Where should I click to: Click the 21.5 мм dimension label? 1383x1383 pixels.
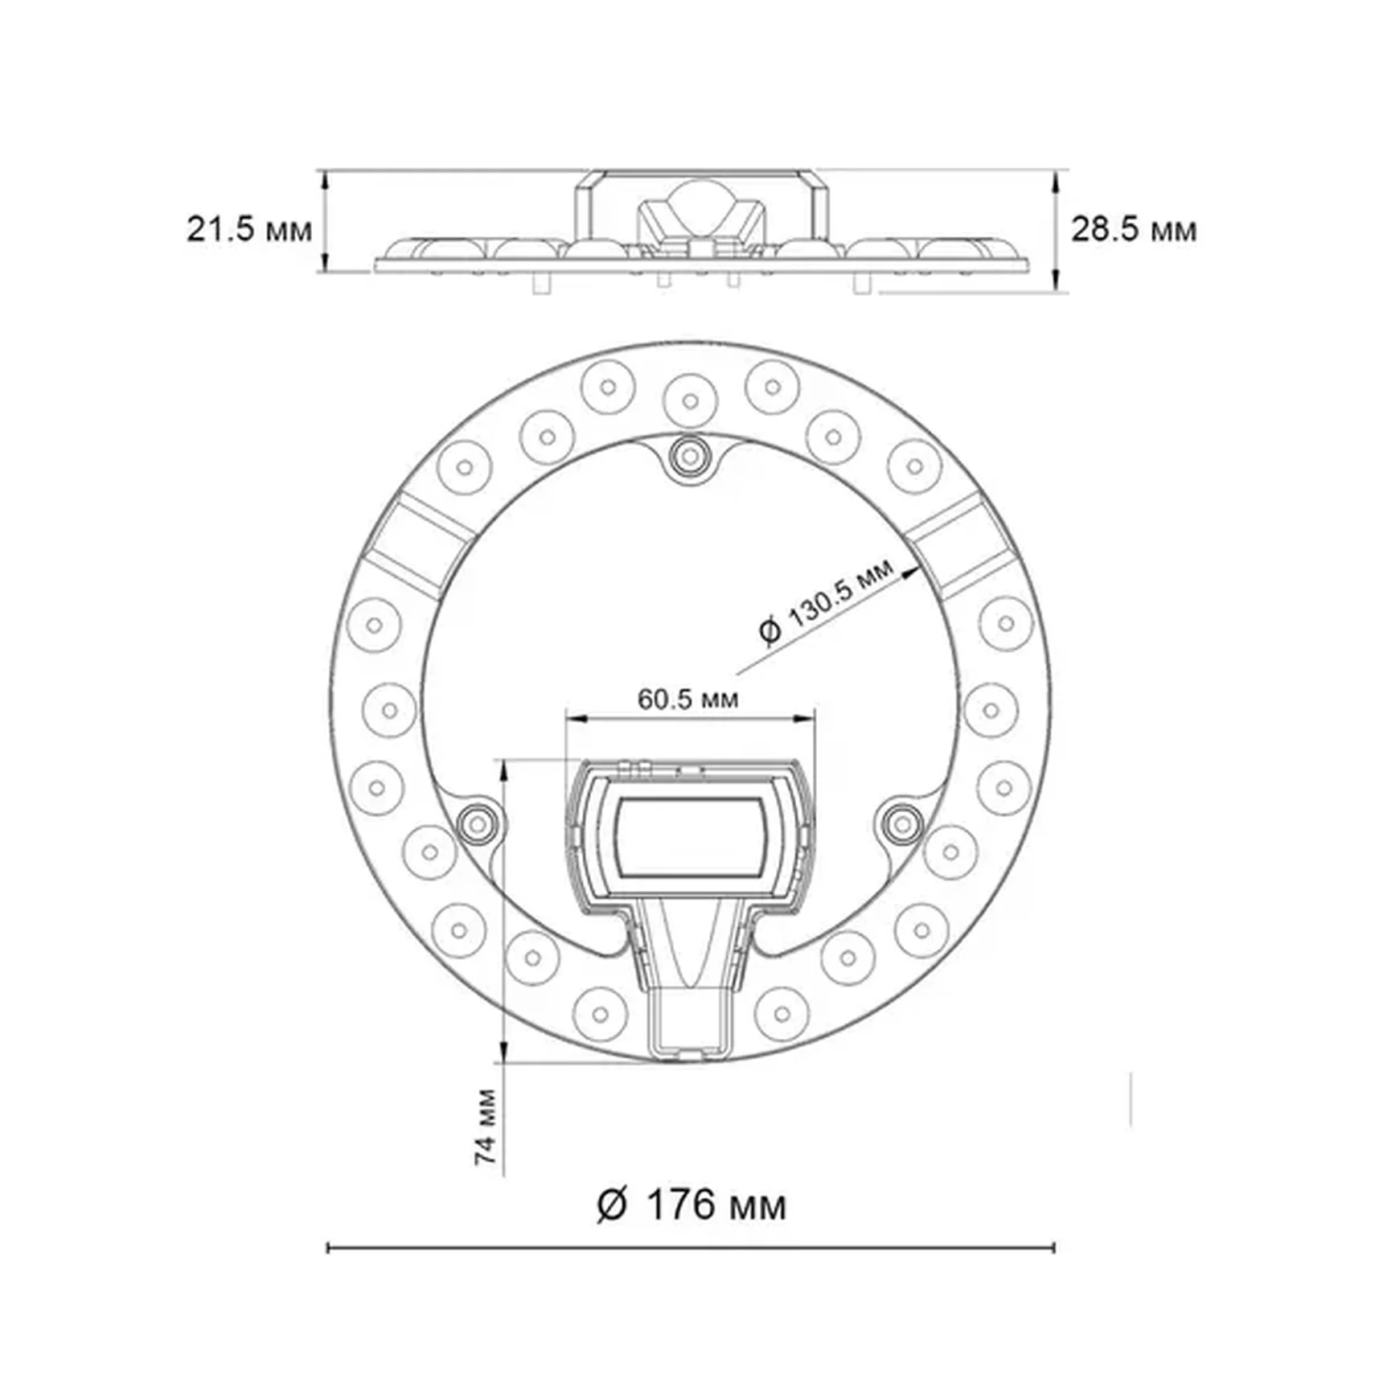[x=248, y=230]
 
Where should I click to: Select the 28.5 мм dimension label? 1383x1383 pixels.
[x=1133, y=230]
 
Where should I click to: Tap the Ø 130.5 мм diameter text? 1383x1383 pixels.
[x=826, y=601]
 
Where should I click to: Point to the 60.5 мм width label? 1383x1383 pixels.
[x=687, y=699]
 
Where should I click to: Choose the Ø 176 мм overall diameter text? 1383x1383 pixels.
[x=691, y=1204]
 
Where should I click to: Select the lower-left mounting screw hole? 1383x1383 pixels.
[x=478, y=823]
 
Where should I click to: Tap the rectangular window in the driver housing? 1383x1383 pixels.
[x=690, y=838]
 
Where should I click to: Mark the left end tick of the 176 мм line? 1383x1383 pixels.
[x=328, y=1248]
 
